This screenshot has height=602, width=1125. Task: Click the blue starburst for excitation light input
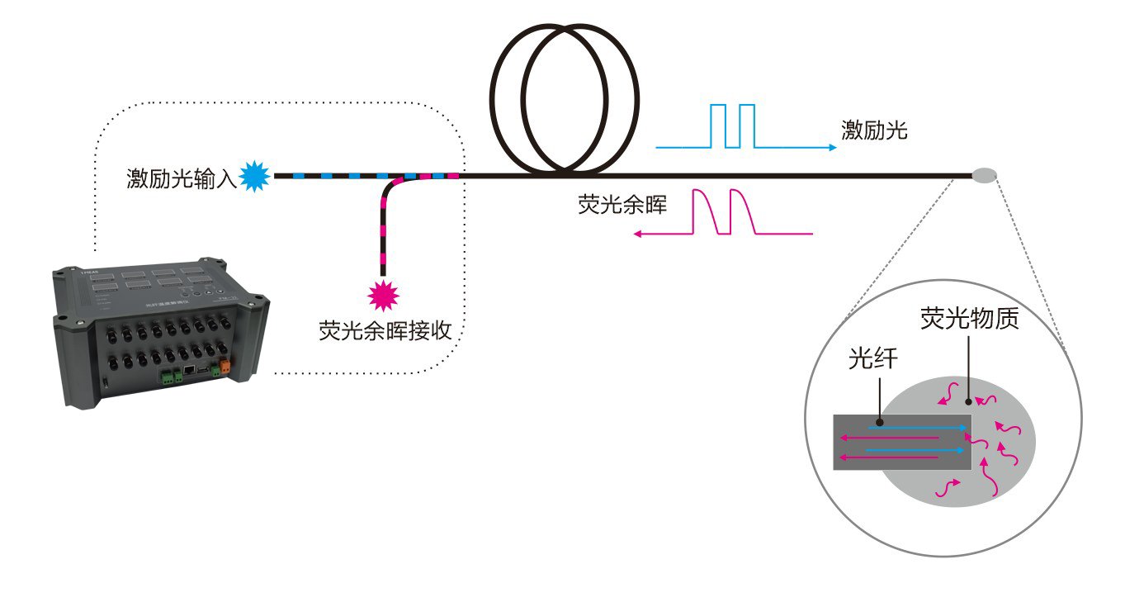click(x=254, y=175)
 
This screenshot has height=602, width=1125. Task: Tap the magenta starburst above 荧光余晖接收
click(x=383, y=293)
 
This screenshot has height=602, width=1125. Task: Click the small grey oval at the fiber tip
click(x=985, y=175)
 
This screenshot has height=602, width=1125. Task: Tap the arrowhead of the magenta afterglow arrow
click(x=639, y=235)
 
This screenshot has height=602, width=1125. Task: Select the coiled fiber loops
click(x=565, y=97)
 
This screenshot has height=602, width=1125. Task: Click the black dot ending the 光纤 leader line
click(x=879, y=422)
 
